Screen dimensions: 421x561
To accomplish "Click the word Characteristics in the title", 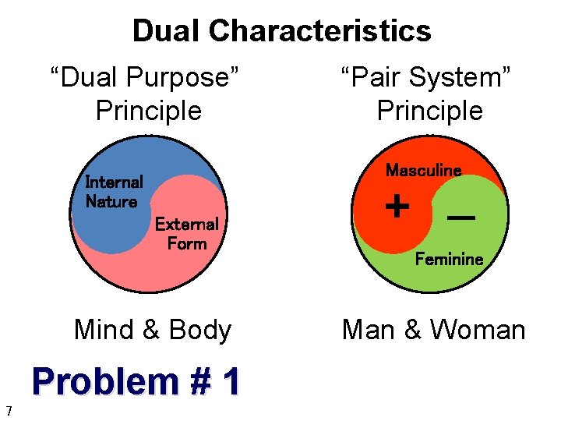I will coord(319,31).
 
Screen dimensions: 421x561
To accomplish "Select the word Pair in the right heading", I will coord(371,78).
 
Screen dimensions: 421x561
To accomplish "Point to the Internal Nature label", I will coord(114,192).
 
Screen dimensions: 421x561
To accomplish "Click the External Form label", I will coord(186,234).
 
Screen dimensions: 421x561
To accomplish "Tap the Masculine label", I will coord(424,170).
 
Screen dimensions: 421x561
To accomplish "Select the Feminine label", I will coord(449,259).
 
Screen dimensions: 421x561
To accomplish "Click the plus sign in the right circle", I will coord(397,207).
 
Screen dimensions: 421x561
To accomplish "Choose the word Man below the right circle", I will coord(369,330).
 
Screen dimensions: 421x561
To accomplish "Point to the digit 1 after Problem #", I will coord(231,382).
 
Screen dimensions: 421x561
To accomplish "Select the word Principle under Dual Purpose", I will coord(149,111).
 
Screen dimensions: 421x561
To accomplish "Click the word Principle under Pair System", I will coord(430,111).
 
